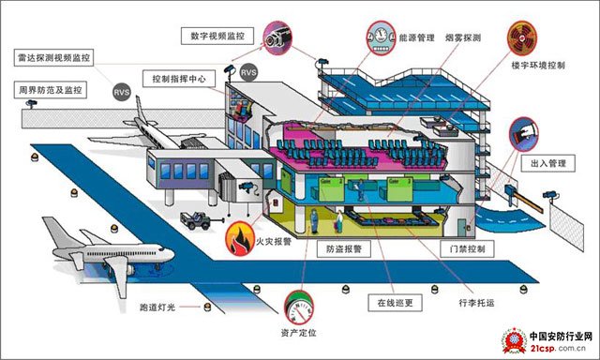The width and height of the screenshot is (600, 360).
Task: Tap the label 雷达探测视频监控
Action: pyautogui.click(x=53, y=57)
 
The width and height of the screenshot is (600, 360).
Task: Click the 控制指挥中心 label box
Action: pyautogui.click(x=183, y=79)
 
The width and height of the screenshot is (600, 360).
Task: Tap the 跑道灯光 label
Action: pyautogui.click(x=157, y=307)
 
